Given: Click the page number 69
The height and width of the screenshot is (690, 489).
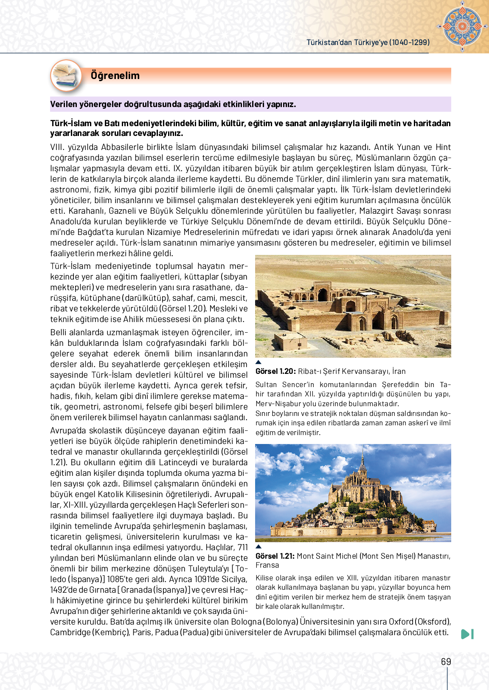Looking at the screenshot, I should [x=446, y=662].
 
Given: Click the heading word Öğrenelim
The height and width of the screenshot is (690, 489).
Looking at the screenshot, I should [x=115, y=76].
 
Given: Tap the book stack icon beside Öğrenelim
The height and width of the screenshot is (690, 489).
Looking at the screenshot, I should [x=66, y=76].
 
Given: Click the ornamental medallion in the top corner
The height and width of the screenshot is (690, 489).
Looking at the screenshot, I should [x=462, y=26].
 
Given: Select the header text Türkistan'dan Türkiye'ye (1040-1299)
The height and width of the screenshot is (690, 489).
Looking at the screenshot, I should [x=368, y=42].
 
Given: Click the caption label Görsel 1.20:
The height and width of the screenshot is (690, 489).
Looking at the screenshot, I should [x=275, y=371].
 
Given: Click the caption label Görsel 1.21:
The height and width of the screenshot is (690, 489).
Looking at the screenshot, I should [x=275, y=556].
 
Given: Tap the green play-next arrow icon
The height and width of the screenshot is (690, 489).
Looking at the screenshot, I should [x=467, y=634].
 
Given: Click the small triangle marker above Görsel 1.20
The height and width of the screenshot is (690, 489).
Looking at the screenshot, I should [x=259, y=362].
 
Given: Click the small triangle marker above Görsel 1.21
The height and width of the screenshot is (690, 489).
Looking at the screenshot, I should [x=259, y=547].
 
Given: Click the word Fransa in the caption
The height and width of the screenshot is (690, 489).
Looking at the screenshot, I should [x=267, y=565].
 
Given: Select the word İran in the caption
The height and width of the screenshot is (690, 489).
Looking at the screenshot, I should [x=399, y=371].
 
